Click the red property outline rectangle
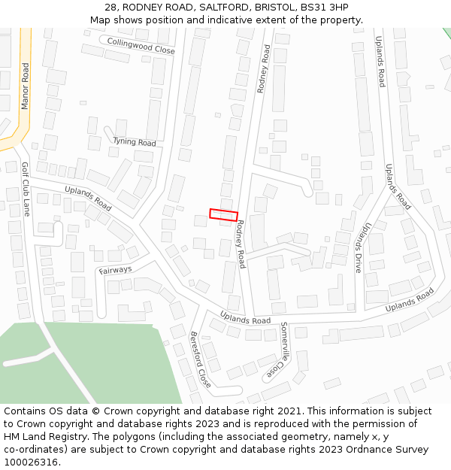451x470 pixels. (223, 214)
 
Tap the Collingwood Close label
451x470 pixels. (141, 46)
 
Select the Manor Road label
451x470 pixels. (25, 86)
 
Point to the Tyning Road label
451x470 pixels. (135, 141)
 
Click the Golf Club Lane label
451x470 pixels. (25, 189)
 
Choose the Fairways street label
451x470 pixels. (115, 270)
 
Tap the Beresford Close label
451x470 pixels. (200, 359)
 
